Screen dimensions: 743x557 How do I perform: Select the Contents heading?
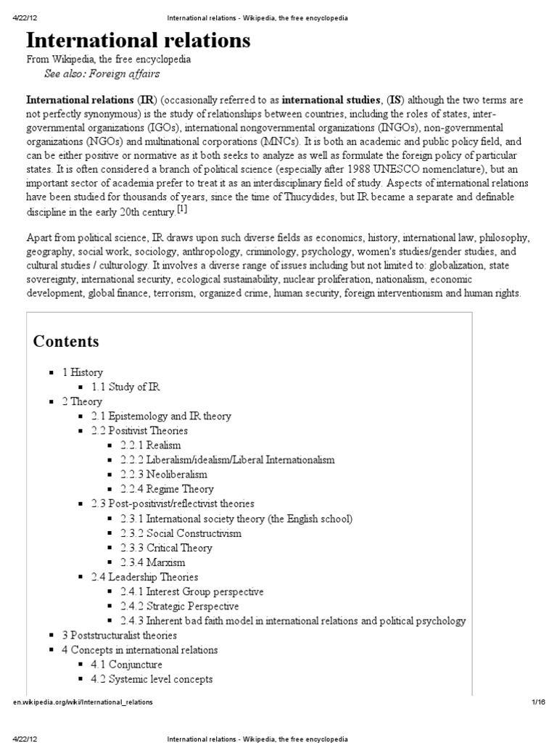click(x=66, y=342)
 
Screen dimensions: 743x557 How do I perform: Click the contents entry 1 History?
click(x=82, y=372)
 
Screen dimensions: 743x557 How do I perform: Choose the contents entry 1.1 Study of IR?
click(x=125, y=387)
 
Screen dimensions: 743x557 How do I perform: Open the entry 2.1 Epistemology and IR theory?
click(x=161, y=416)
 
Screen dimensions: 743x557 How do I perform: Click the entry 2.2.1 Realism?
click(x=151, y=445)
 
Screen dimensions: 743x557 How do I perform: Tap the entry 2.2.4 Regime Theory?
click(x=168, y=489)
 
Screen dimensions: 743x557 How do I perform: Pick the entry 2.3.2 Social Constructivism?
click(x=181, y=533)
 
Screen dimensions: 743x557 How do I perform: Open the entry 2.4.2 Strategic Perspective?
click(x=179, y=606)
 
